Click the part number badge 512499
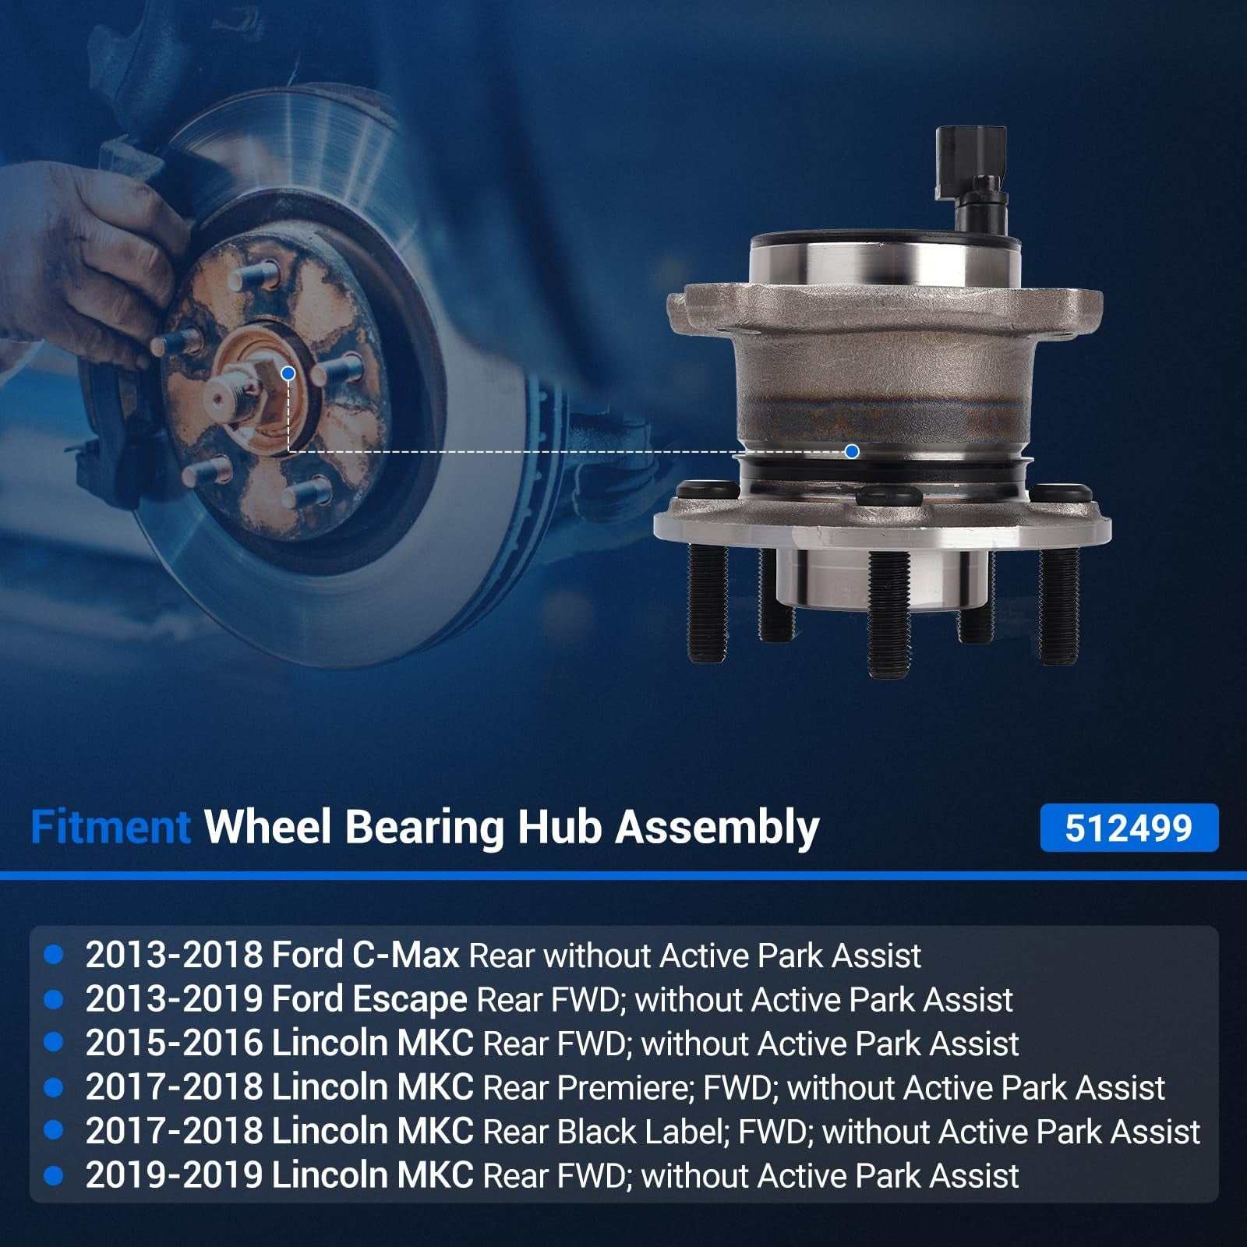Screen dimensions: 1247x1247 [x=1129, y=828]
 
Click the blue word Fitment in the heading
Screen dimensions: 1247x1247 [x=111, y=827]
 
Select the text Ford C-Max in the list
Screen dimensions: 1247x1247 [x=366, y=955]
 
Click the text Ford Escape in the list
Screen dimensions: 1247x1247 [x=369, y=1000]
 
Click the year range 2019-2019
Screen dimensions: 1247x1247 [x=174, y=1175]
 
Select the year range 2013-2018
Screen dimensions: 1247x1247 [x=174, y=955]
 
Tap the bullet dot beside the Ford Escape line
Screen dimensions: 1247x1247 [x=54, y=999]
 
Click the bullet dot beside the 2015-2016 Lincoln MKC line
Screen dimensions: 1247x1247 [x=54, y=1043]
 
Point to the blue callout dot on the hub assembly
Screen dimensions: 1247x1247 [x=852, y=451]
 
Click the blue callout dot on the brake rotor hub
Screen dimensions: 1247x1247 [x=288, y=373]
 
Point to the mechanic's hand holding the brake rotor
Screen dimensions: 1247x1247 [x=86, y=265]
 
